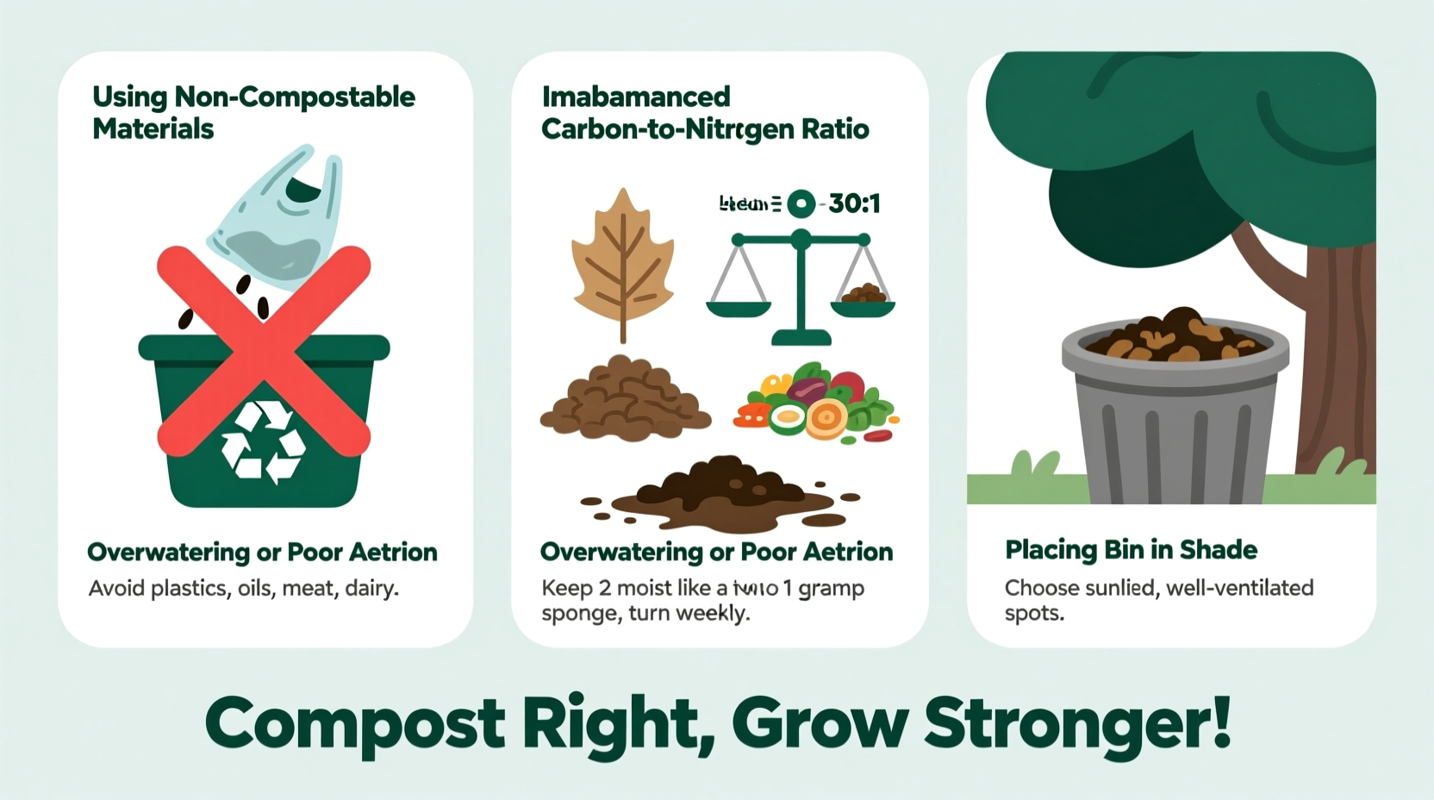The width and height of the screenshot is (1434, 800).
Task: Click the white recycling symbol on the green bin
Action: (x=263, y=441)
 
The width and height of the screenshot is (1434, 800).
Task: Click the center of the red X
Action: (x=264, y=348)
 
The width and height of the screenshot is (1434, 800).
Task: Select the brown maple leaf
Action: (x=622, y=259)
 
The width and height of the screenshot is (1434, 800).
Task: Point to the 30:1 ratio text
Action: (x=854, y=204)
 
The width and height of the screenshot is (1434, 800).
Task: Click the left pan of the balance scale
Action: (x=739, y=306)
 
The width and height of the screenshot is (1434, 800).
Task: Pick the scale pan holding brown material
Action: (x=863, y=302)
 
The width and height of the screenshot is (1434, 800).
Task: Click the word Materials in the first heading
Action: (x=153, y=129)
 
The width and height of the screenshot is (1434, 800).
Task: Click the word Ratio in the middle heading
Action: (x=835, y=129)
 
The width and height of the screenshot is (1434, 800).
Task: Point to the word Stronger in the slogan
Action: (x=1076, y=724)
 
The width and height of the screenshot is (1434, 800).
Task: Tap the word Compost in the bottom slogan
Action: (x=354, y=724)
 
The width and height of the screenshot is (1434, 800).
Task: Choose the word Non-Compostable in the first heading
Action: (x=295, y=97)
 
